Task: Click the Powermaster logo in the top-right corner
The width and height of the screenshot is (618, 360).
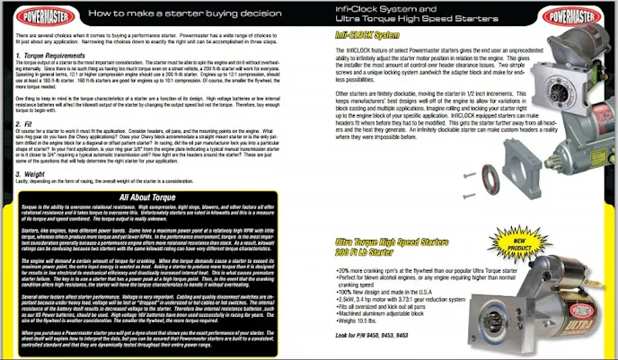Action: pos(584,15)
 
